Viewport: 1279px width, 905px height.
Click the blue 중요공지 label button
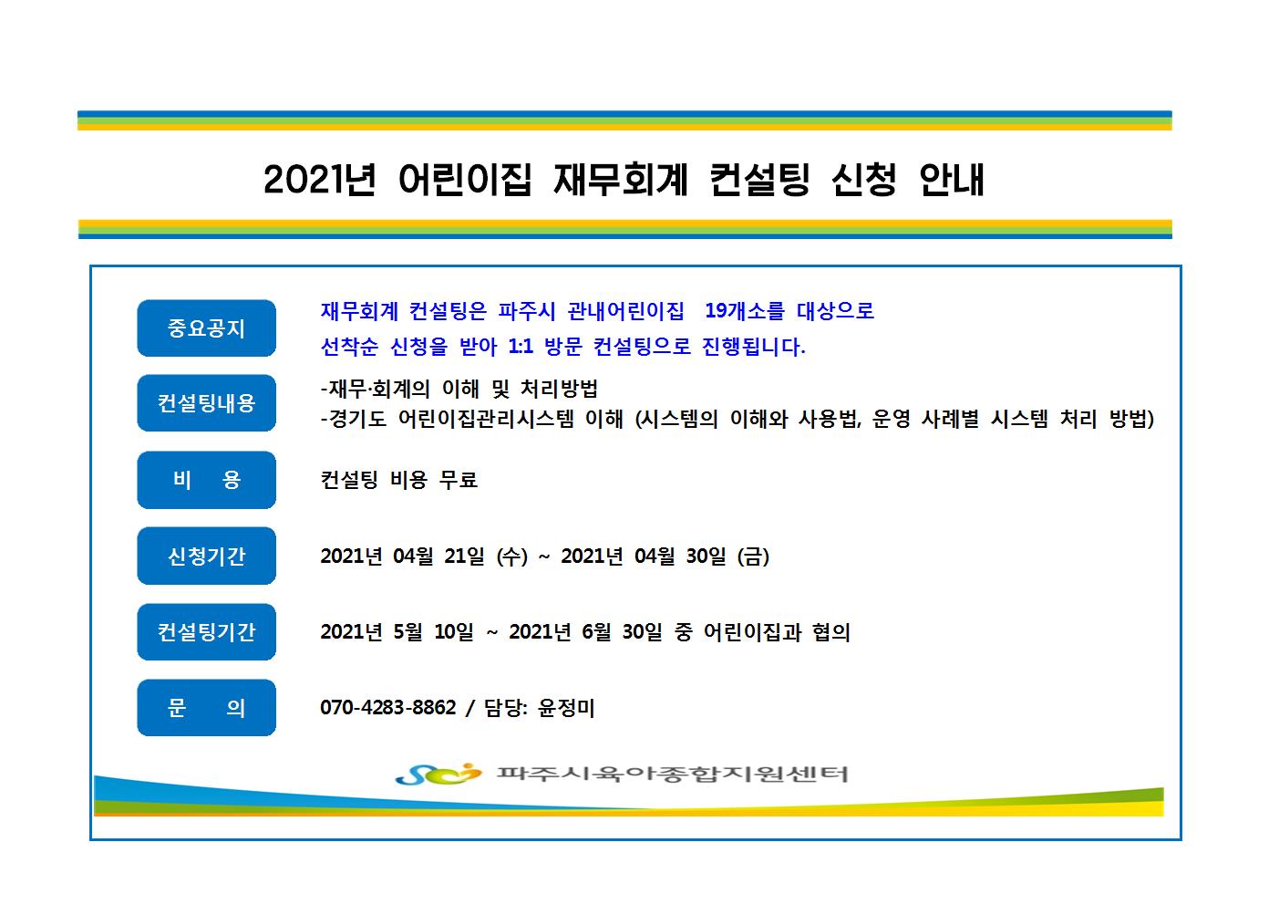pos(207,328)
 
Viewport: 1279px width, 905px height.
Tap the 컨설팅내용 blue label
pos(207,403)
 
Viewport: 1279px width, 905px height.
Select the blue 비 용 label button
pos(207,480)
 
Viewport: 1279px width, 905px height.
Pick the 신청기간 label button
pos(207,556)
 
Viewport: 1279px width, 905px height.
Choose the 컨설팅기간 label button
pos(207,632)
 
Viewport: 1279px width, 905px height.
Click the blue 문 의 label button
pos(207,707)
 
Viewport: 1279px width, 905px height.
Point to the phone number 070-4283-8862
pos(388,707)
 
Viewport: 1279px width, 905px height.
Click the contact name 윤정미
pos(566,707)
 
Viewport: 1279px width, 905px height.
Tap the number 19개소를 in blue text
pos(745,311)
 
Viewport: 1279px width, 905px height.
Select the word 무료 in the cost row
pos(458,479)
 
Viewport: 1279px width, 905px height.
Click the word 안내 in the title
pos(952,180)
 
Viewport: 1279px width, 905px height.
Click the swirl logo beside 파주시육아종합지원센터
pos(438,774)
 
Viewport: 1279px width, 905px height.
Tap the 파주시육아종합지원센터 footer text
pos(673,774)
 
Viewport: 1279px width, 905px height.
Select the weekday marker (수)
pos(511,556)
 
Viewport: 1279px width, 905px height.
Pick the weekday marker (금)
pos(753,556)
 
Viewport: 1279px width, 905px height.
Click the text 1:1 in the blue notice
pos(521,347)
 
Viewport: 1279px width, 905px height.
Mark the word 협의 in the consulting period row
pos(831,632)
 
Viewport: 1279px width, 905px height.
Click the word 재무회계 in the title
pos(621,180)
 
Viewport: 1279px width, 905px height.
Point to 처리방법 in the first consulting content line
pos(559,389)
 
